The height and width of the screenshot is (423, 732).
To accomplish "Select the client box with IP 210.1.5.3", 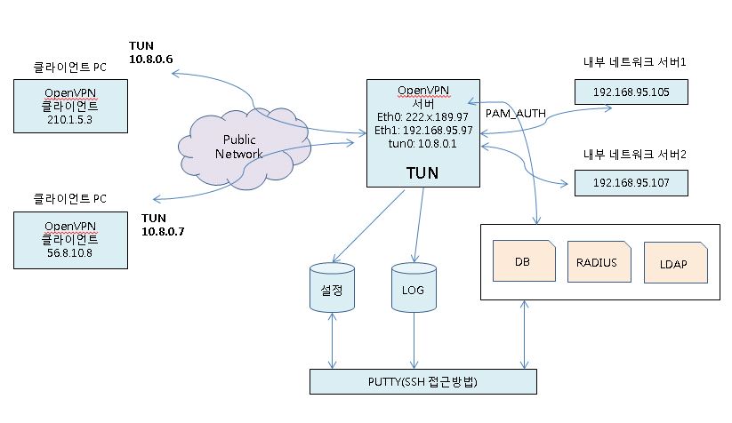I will click(x=70, y=107).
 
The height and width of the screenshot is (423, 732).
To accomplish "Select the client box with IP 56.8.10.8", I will click(x=70, y=239).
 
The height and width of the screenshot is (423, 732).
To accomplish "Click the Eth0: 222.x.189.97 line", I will click(x=422, y=116).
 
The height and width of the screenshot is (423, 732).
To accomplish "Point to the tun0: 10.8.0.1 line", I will click(x=422, y=143).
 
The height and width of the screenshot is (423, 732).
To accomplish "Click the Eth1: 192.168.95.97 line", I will click(x=422, y=130).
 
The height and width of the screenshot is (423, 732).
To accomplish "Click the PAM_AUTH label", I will click(x=515, y=113).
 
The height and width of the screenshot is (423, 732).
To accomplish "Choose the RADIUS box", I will click(x=597, y=262).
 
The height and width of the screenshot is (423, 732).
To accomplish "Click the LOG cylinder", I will click(x=412, y=286).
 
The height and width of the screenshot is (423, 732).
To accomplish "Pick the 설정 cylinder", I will click(x=333, y=286).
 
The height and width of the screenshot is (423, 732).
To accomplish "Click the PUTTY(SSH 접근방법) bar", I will click(x=422, y=381).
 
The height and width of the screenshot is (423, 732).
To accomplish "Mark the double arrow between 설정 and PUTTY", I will click(x=333, y=341).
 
